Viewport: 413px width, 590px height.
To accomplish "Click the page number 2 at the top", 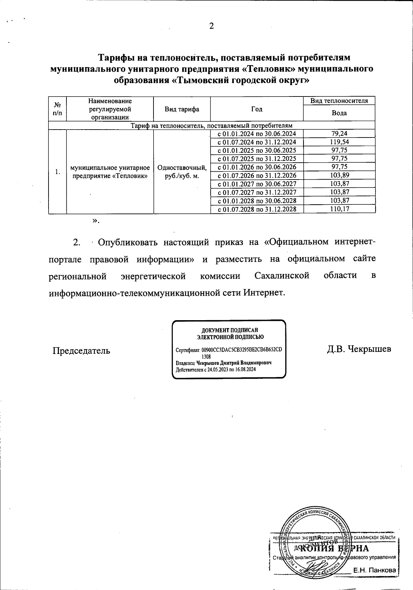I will [212, 26].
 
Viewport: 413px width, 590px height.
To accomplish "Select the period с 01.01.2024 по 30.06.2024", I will [257, 134].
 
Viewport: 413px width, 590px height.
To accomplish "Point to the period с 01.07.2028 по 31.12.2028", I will [257, 209].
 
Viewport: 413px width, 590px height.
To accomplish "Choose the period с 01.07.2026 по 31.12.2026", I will [257, 175].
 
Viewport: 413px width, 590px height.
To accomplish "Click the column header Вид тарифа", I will [182, 109].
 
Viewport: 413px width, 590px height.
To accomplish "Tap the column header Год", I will [257, 109].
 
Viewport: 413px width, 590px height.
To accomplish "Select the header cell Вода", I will [339, 113].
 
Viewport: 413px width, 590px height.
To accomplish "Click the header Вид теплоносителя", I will [339, 101].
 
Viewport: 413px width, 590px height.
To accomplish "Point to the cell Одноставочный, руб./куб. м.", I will [182, 172].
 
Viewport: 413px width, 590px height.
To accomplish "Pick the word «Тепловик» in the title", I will [267, 69].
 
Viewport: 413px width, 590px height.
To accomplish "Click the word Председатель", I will [81, 350].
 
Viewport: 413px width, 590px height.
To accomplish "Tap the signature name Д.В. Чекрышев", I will [359, 349].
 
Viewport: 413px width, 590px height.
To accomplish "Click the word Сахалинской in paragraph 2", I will [282, 276].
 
